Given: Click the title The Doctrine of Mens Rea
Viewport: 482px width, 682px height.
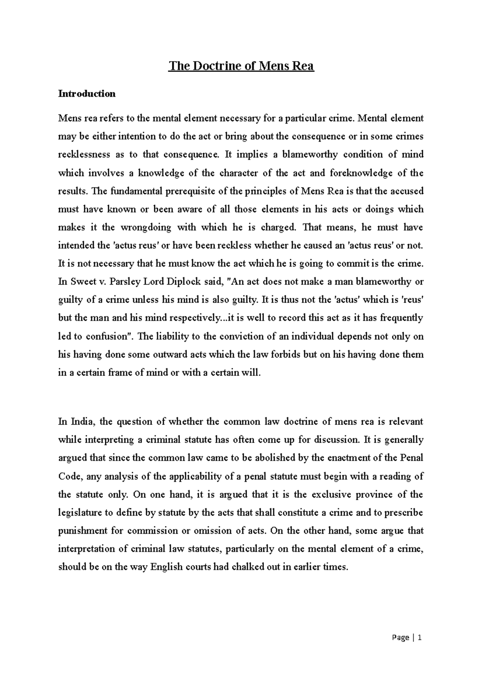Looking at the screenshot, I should [x=241, y=66].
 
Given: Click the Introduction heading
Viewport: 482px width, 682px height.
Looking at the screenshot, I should [x=87, y=94].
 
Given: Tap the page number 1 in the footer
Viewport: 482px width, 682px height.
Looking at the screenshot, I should [x=420, y=637].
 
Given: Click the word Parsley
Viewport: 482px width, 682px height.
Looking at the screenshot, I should [x=125, y=282].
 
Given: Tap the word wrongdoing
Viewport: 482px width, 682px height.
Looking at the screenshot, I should [x=145, y=227].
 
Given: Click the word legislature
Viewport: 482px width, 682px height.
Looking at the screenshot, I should [x=80, y=513].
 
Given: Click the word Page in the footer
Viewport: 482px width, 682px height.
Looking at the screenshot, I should [x=400, y=637].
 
